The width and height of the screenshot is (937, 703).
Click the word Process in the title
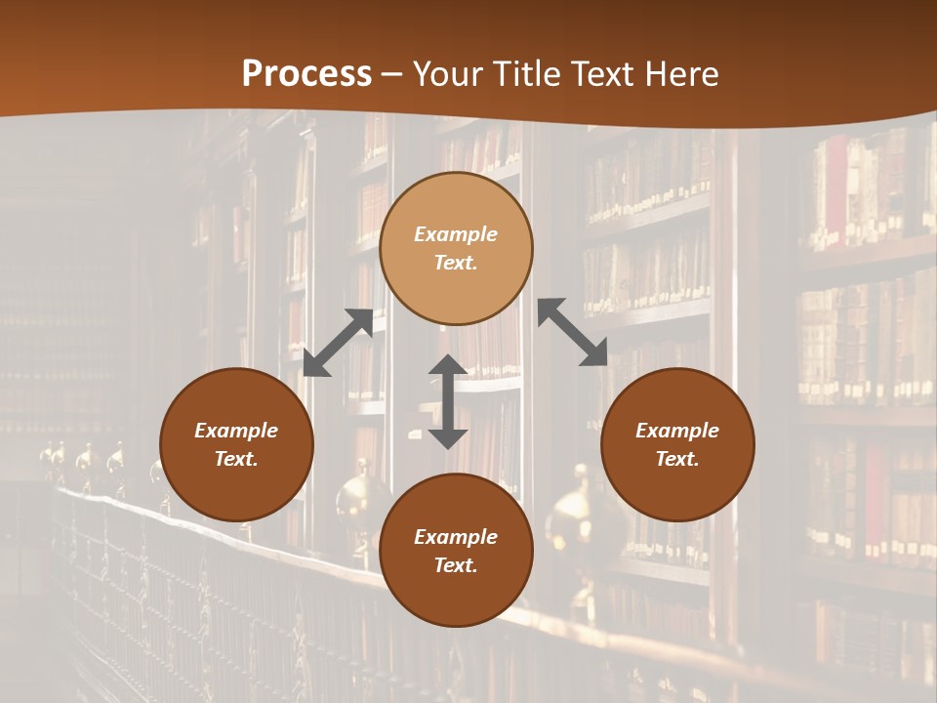pos(306,74)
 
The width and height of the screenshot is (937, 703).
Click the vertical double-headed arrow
pos(448,401)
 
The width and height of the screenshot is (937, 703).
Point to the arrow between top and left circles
pos(338,343)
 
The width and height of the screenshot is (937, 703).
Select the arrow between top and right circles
pos(573,332)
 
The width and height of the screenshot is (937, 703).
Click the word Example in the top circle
pos(456,234)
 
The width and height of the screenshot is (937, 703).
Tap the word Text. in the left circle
pos(236,459)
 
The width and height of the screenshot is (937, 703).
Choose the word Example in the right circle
pos(677,431)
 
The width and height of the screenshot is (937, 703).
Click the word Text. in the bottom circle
pos(456,565)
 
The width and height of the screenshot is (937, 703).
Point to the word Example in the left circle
pos(236,431)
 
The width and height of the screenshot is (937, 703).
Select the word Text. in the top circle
pos(456,263)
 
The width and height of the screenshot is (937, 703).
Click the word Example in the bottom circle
pos(456,537)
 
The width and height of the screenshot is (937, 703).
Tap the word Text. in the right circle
pos(677,459)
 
